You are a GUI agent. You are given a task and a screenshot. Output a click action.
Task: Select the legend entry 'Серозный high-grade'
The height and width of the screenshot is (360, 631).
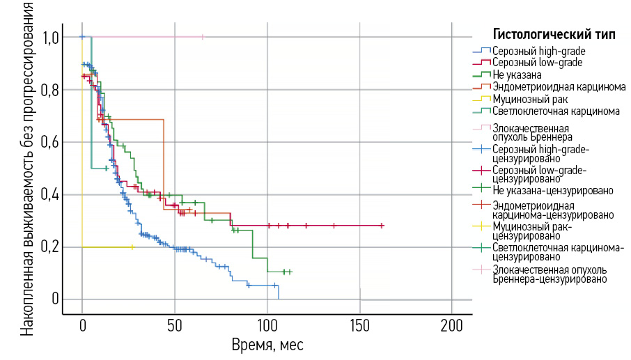point(538,51)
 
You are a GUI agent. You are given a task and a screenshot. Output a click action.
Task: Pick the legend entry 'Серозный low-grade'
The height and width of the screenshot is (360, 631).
point(537,62)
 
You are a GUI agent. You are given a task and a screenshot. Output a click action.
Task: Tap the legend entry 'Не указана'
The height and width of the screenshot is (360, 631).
point(517,74)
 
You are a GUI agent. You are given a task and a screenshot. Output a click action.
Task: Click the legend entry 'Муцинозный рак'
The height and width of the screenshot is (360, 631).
point(527,98)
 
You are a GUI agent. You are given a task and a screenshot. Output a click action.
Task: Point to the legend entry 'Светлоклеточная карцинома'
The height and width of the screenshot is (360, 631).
point(555,111)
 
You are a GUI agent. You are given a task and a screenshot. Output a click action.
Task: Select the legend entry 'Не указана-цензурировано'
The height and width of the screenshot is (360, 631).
point(552,190)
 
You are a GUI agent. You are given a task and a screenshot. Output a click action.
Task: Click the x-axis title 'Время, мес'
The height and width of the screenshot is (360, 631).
point(267,345)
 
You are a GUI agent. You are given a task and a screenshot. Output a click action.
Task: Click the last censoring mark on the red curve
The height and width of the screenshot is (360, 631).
point(382,226)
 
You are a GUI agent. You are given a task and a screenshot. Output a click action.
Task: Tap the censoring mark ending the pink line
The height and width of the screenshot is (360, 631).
point(203,37)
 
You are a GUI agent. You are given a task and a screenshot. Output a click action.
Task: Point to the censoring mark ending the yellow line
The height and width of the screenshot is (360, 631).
point(132,247)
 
